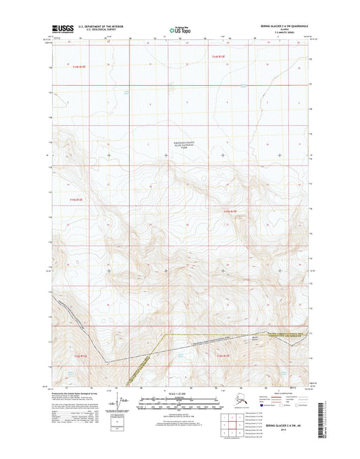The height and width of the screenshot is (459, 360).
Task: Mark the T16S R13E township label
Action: (x=223, y=355)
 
